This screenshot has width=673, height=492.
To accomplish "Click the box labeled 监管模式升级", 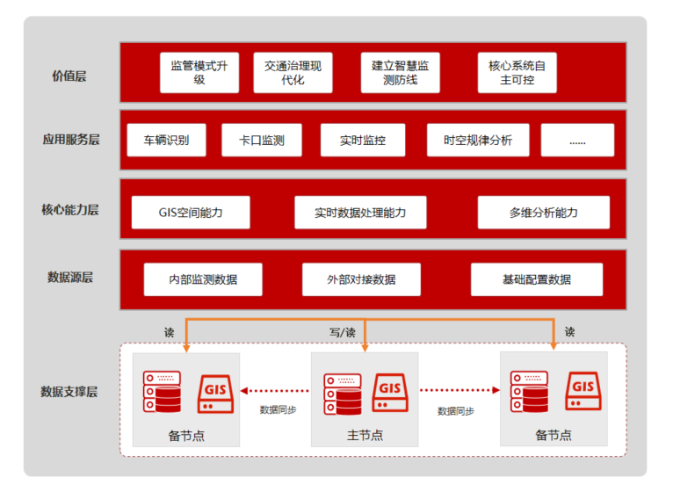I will pyautogui.click(x=199, y=73).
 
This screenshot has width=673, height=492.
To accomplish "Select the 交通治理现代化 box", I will pyautogui.click(x=293, y=73).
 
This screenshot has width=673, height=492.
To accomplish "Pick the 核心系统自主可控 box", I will pyautogui.click(x=517, y=73).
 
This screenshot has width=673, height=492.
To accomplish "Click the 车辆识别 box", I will pyautogui.click(x=166, y=141).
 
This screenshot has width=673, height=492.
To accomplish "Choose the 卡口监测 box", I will pyautogui.click(x=261, y=141).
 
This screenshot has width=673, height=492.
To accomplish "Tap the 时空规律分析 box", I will pyautogui.click(x=477, y=141).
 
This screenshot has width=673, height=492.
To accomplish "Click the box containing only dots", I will pyautogui.click(x=577, y=141).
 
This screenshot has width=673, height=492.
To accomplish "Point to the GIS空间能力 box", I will pyautogui.click(x=191, y=213).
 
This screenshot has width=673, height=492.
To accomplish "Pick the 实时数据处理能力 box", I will pyautogui.click(x=360, y=213).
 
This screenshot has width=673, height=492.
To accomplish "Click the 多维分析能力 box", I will pyautogui.click(x=543, y=213).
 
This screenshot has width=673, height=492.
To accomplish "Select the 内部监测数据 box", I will pyautogui.click(x=203, y=279).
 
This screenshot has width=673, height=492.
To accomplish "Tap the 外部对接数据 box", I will pyautogui.click(x=360, y=279).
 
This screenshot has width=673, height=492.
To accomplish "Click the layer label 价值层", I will pyautogui.click(x=69, y=76).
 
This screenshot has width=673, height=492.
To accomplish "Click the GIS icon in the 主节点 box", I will pyautogui.click(x=390, y=391).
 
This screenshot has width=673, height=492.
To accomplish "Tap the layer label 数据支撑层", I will pyautogui.click(x=69, y=391).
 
